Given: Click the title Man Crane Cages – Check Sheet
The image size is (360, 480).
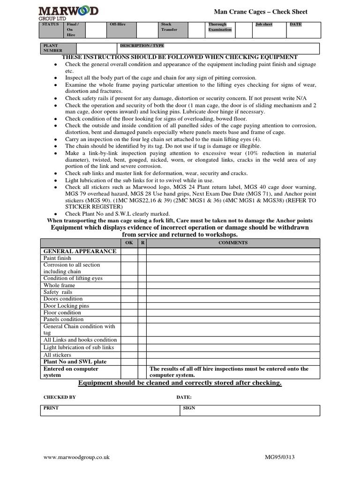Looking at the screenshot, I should click(261, 12).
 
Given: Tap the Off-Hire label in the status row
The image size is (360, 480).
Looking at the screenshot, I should click(117, 24).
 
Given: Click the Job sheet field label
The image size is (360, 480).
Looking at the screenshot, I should click(264, 24).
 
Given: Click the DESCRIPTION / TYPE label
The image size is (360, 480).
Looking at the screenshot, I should click(142, 46).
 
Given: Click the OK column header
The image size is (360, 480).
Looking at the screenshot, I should click(129, 243).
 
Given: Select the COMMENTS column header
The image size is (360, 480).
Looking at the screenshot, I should click(233, 243).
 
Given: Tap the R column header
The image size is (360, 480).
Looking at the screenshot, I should click(142, 243).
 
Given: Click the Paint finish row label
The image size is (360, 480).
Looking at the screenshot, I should click(58, 258).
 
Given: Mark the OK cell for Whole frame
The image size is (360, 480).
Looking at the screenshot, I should click(129, 285).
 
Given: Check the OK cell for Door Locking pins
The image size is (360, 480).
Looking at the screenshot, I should click(129, 306).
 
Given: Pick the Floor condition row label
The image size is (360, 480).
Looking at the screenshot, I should click(62, 313).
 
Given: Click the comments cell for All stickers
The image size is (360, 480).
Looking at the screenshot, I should click(233, 355).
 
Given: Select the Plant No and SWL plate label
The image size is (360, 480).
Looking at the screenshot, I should click(75, 362).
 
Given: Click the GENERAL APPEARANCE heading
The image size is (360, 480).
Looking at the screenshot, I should click(80, 251).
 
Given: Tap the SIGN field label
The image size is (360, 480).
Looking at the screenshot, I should click(189, 408).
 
